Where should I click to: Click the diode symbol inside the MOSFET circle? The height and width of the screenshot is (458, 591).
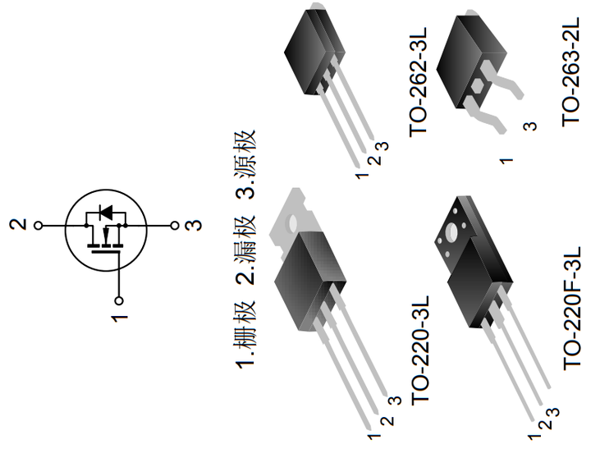[105, 212]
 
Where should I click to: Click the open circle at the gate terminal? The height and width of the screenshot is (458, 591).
[119, 300]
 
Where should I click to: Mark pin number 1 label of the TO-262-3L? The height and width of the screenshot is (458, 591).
[360, 176]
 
